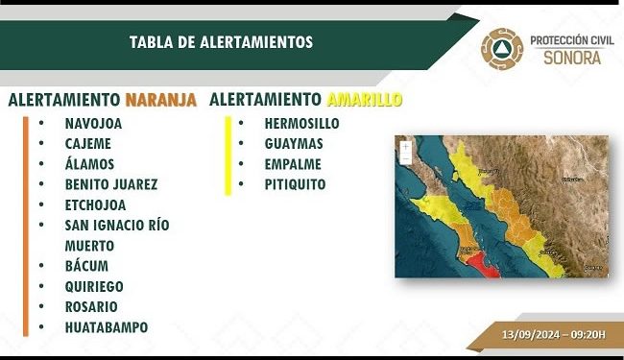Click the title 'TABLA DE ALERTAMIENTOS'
click(221, 42)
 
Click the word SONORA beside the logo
click(573, 58)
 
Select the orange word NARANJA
click(161, 100)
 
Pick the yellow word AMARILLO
click(364, 100)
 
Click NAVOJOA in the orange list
click(93, 124)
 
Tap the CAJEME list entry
click(87, 144)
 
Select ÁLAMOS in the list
click(89, 164)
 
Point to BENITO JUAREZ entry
click(111, 184)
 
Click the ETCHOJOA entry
click(95, 204)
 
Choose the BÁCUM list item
click(86, 266)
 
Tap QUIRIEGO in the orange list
click(94, 286)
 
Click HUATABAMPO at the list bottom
click(107, 327)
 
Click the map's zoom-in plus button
click(405, 146)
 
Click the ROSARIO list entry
click(91, 307)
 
